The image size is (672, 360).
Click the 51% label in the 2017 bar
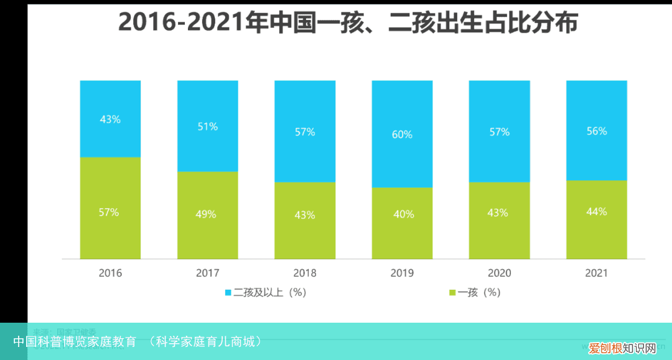(207, 127)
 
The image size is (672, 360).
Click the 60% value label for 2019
(402, 134)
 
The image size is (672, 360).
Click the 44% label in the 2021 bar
(596, 212)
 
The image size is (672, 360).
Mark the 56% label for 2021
(596, 132)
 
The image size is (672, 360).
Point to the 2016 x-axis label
(110, 273)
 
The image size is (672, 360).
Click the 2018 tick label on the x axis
(305, 273)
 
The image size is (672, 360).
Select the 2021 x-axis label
(596, 273)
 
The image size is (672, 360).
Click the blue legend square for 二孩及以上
(228, 292)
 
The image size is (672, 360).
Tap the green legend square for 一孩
(452, 292)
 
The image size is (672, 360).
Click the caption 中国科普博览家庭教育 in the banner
(75, 341)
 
